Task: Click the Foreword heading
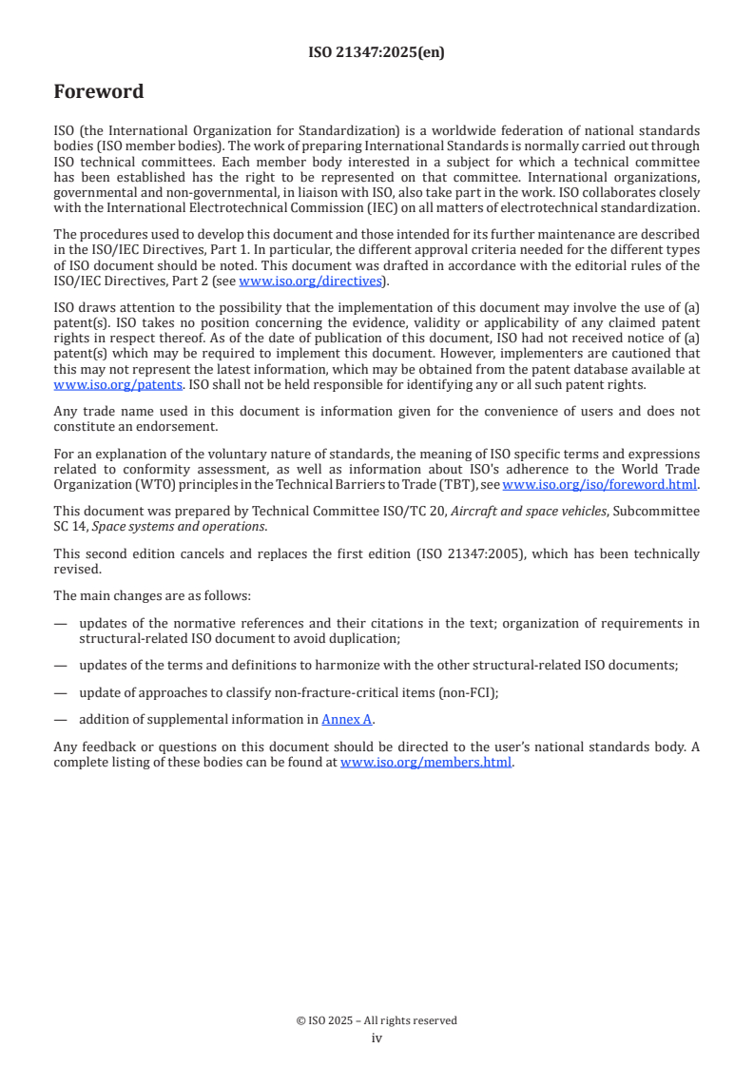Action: point(99,92)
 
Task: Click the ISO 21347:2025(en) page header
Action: point(377,53)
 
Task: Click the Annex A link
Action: point(347,720)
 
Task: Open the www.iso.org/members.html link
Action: point(426,762)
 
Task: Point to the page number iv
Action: point(377,1038)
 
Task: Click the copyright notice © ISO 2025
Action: point(377,1020)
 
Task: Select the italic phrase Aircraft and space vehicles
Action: point(527,512)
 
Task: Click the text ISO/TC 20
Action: point(415,512)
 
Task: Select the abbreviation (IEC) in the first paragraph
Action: point(370,208)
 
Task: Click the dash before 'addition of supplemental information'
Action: point(61,720)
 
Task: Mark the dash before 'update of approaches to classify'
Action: point(61,692)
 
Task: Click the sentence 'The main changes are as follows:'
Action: point(152,595)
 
